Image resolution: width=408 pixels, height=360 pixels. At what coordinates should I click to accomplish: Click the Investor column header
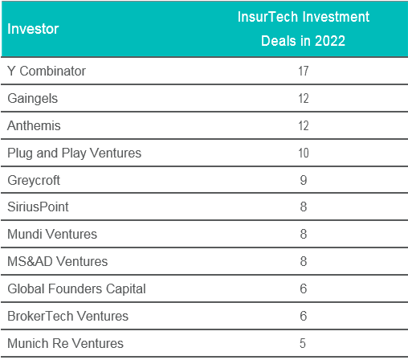[x=33, y=29]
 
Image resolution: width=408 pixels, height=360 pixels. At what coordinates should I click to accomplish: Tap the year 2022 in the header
[x=330, y=41]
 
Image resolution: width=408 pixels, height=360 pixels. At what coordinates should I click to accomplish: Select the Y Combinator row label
[x=47, y=71]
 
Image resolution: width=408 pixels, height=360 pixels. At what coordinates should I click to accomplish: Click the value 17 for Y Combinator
[x=304, y=71]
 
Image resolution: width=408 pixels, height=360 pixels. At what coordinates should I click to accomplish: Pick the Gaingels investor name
[x=33, y=99]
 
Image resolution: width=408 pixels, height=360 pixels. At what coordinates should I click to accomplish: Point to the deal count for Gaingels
[x=304, y=98]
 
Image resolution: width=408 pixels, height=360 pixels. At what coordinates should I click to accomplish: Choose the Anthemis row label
[x=34, y=125]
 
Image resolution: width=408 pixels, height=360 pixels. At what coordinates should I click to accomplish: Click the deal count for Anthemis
[x=304, y=125]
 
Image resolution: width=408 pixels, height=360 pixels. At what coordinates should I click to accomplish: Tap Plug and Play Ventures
[x=75, y=153]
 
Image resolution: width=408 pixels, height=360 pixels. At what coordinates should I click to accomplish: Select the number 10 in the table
[x=304, y=153]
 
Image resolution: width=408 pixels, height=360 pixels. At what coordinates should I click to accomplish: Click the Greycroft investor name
[x=34, y=181]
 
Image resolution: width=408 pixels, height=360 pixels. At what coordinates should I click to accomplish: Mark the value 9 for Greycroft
[x=304, y=180]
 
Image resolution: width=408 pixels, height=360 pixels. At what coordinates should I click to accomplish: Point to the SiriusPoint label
[x=38, y=207]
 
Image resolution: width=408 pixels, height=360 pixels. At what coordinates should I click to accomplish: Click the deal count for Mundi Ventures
[x=304, y=234]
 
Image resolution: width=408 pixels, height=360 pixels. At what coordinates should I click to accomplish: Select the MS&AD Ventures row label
[x=58, y=261]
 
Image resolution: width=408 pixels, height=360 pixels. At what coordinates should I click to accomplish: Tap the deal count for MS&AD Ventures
[x=304, y=261]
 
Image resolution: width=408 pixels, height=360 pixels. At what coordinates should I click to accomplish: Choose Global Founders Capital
[x=76, y=289]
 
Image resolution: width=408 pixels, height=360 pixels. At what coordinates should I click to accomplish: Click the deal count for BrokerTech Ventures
[x=304, y=316]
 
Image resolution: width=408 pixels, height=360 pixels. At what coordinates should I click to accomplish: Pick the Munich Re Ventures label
[x=65, y=343]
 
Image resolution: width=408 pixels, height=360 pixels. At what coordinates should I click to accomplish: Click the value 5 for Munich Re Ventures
[x=303, y=343]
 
